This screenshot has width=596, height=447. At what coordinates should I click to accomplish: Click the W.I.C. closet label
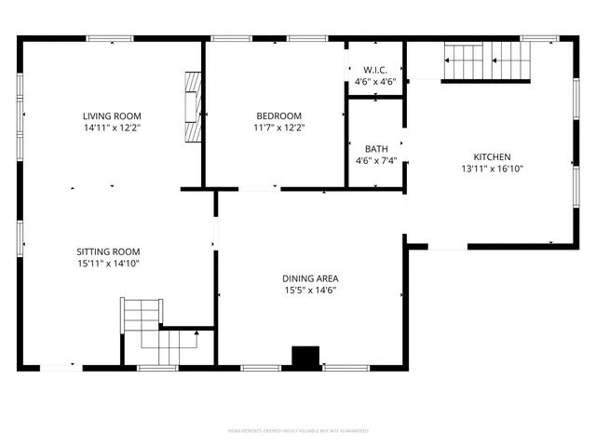click(375, 70)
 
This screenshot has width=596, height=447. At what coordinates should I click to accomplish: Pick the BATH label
click(375, 148)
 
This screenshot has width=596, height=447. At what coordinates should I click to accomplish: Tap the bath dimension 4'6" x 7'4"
click(375, 160)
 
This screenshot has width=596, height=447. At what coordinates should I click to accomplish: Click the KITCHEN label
click(492, 156)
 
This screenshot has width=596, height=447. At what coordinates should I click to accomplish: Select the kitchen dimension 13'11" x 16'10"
click(492, 169)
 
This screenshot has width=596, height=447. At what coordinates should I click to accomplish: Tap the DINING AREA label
click(310, 278)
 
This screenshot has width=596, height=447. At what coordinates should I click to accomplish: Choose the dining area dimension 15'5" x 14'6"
click(310, 291)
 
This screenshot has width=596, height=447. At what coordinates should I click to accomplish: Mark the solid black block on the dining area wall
click(305, 358)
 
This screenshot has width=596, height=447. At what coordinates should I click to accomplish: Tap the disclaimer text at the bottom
click(298, 430)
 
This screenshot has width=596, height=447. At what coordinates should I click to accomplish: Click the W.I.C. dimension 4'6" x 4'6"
click(375, 82)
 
